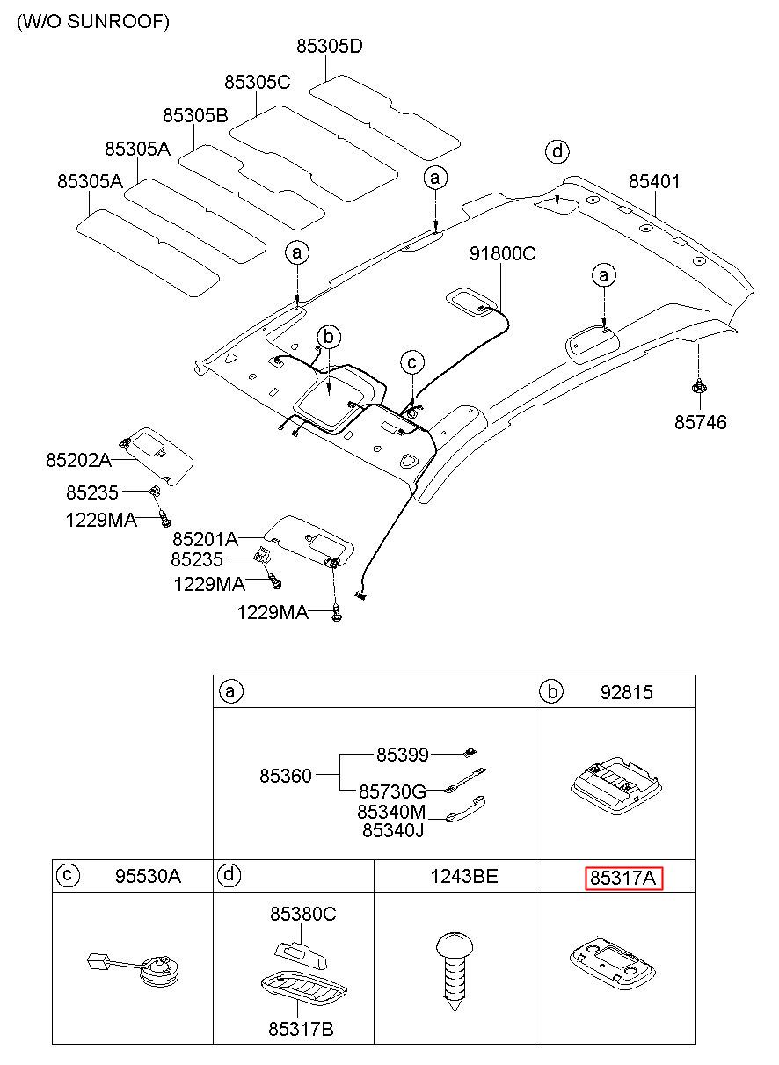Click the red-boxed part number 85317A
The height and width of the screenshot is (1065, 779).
coord(622,879)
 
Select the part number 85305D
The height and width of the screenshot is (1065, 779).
coord(330,46)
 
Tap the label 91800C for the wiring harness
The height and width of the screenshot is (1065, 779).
coord(502,253)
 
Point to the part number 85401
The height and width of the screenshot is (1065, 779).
coord(654,181)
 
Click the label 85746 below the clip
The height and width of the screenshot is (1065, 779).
coord(701,422)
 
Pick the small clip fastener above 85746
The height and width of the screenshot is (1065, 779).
coord(699,387)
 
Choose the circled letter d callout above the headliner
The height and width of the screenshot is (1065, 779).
coord(557,152)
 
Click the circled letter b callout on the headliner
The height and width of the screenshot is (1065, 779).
coord(329,338)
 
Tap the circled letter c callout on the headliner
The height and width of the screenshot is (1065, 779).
coord(412,362)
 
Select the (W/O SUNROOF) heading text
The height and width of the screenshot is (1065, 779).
coord(93,22)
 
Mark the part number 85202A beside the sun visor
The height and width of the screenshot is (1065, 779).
coord(78,460)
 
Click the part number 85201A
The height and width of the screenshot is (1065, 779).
coord(205,539)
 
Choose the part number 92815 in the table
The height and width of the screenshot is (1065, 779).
coord(626,693)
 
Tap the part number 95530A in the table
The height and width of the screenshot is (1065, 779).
coord(148,876)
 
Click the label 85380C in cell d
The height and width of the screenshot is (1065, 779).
coord(303,914)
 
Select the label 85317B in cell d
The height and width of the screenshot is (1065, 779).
coord(301,1029)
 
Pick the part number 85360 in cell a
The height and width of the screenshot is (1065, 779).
coord(285,776)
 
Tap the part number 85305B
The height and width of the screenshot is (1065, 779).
coord(195,115)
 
